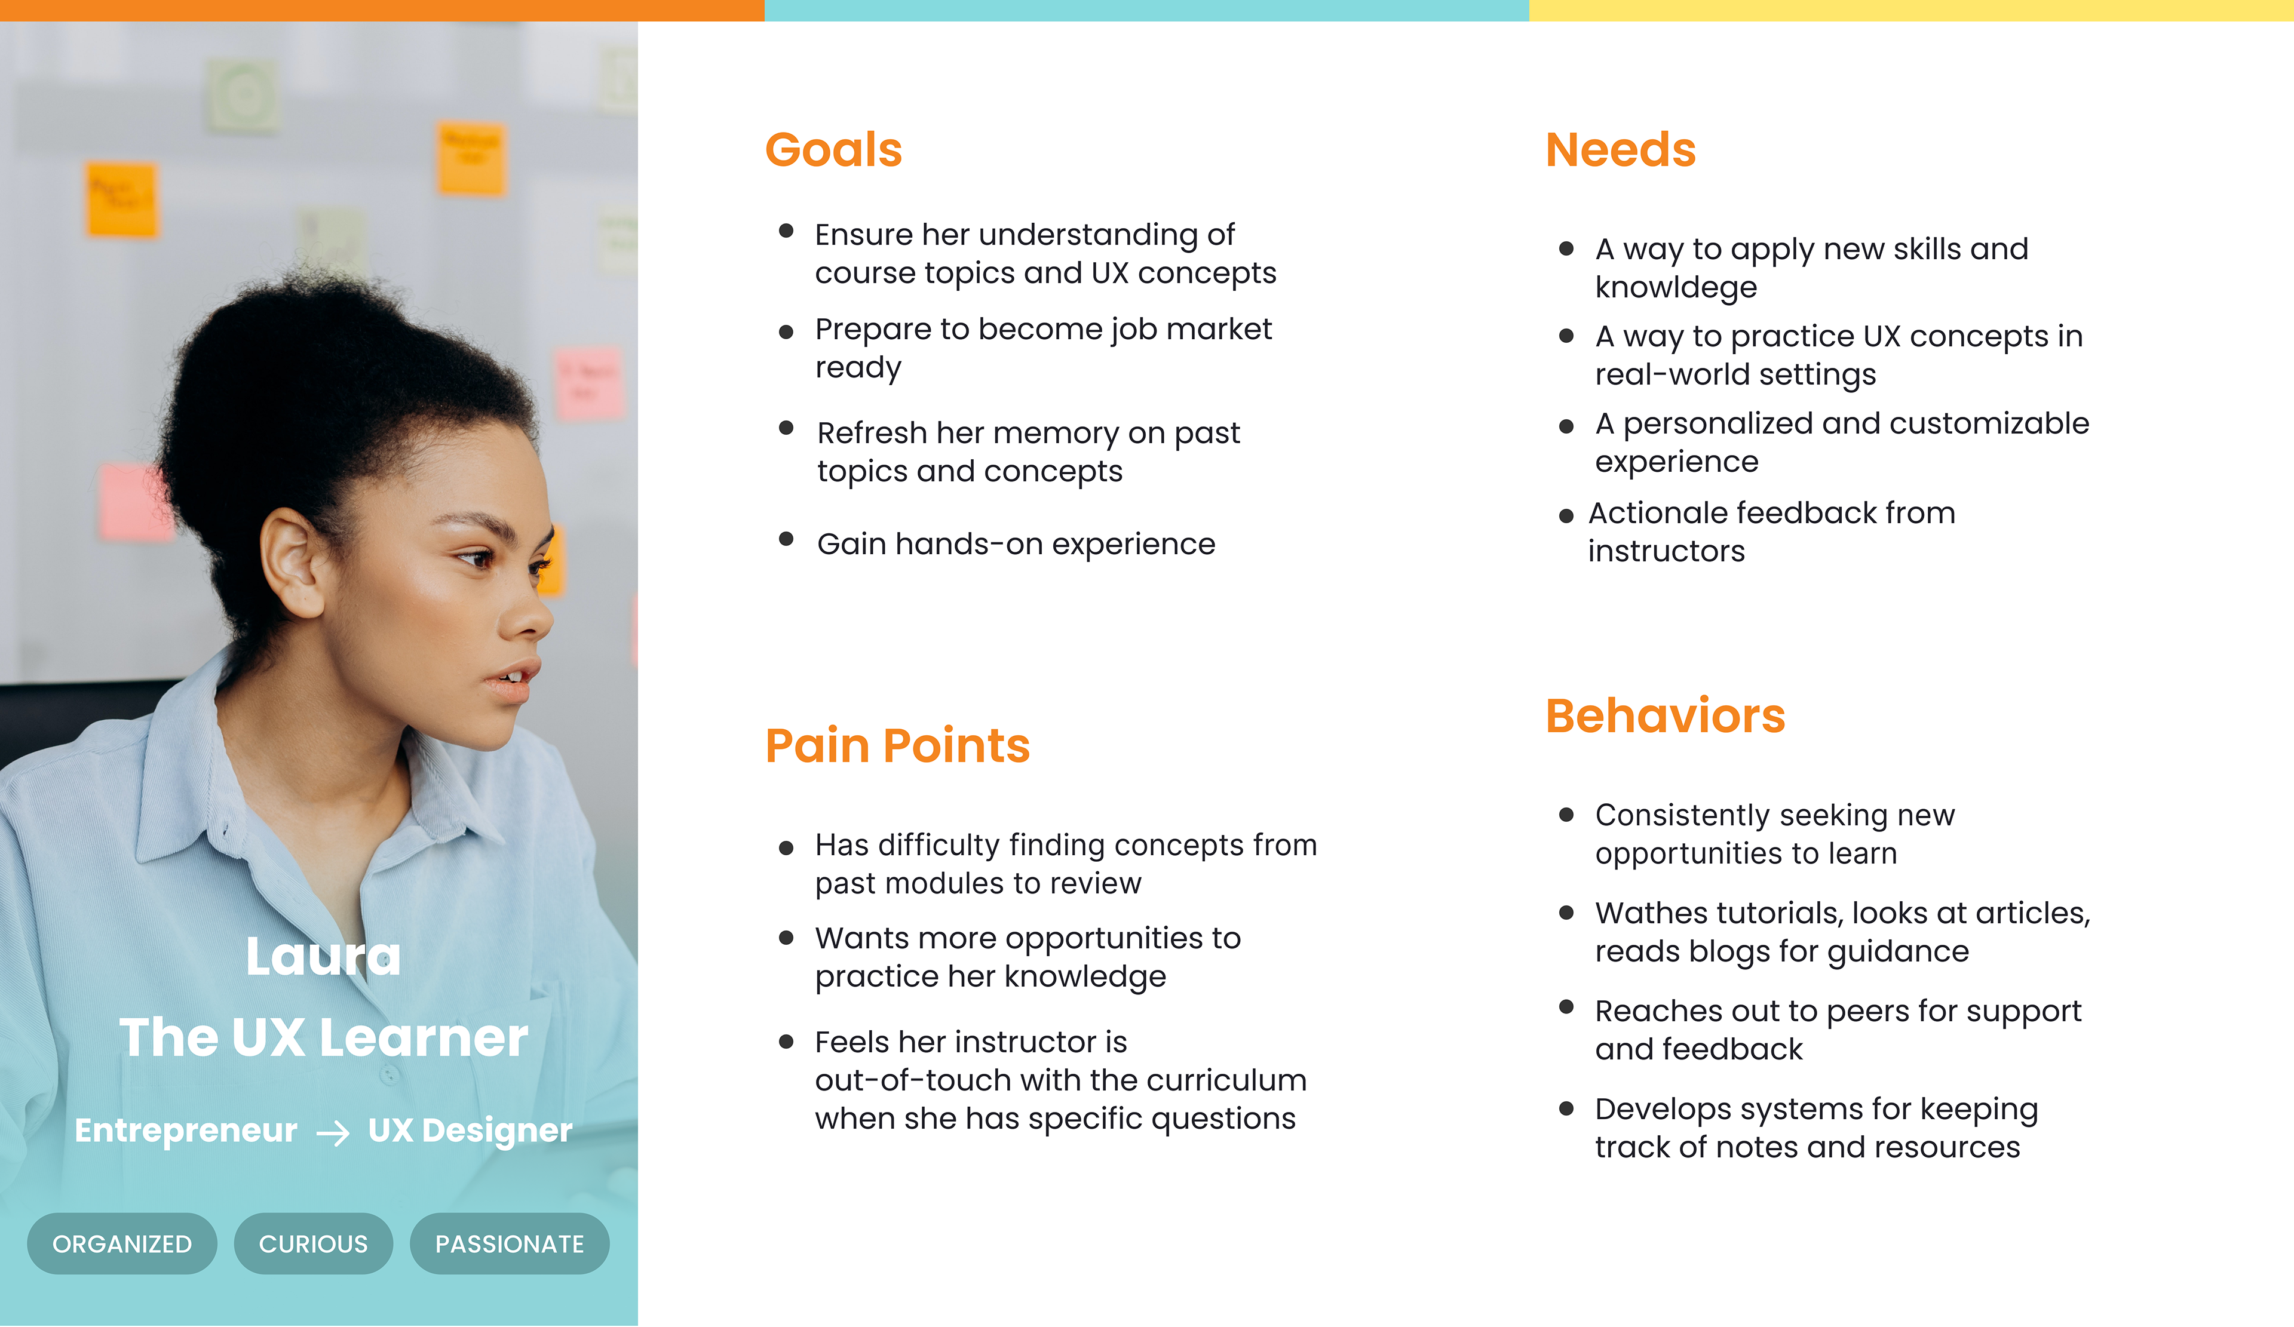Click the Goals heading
[x=833, y=150]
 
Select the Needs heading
[x=1620, y=150]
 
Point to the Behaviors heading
[x=1665, y=715]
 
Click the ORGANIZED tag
[x=122, y=1243]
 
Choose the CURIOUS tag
[x=313, y=1243]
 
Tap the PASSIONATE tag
[x=510, y=1243]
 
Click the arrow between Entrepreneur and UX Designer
[x=333, y=1133]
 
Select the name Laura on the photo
[x=323, y=957]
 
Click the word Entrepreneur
[x=186, y=1131]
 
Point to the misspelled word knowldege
[x=1676, y=288]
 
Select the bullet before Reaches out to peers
[x=1566, y=1007]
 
